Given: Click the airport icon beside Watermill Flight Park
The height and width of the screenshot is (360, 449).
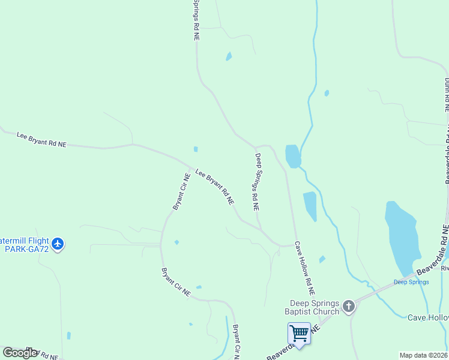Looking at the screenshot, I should pos(58,244).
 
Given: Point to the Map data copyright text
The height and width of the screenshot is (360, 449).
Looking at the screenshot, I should pos(424,355).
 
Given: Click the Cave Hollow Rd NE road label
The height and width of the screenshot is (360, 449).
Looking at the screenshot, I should pos(304,268).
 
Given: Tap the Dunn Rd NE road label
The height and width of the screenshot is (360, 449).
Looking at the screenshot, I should pos(447,95).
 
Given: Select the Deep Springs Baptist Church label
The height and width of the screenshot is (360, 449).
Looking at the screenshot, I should pos(315,307).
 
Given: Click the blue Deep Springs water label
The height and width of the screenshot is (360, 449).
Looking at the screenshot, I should pos(411,282).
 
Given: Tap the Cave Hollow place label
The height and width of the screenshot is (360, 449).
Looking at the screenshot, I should pos(427,317).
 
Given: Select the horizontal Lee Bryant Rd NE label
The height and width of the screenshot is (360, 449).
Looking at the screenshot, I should pos(41,140).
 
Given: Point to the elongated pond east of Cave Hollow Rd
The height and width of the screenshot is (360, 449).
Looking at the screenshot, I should pos(310,206).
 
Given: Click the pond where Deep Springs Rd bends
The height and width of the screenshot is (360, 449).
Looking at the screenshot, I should pos(292,156).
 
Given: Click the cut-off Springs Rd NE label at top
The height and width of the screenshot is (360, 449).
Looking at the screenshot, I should pos(196,20).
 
